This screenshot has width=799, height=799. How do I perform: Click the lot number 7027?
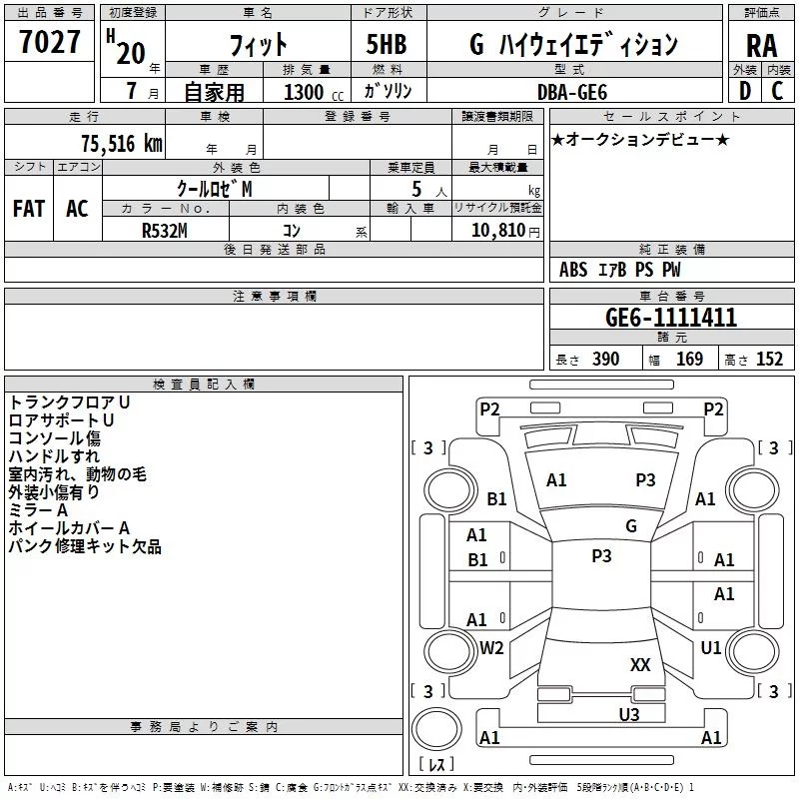[50, 42]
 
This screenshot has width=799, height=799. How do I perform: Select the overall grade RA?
[761, 46]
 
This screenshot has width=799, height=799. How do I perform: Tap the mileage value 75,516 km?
[122, 143]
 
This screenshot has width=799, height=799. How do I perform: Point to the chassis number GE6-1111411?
[670, 318]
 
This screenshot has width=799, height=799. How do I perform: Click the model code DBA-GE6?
[571, 92]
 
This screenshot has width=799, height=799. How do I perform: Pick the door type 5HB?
[387, 44]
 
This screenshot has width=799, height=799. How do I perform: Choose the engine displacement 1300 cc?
[314, 92]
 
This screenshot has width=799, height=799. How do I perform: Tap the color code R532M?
[165, 231]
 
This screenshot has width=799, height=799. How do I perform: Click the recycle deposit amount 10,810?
[497, 230]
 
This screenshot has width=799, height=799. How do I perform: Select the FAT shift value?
[29, 209]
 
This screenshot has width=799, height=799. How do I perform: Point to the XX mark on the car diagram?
[640, 664]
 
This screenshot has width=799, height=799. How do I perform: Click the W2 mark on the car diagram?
[491, 647]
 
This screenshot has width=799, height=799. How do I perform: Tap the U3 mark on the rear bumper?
[629, 714]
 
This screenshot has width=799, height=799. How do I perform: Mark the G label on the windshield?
[631, 525]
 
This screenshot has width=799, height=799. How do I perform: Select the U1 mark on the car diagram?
[710, 647]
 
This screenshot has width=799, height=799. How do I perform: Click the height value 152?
[769, 359]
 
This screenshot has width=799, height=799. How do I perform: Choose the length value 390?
[605, 359]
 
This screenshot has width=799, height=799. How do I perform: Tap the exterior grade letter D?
[745, 91]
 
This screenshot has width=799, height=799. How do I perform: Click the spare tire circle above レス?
[436, 729]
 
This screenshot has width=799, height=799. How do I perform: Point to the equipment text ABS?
[572, 270]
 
